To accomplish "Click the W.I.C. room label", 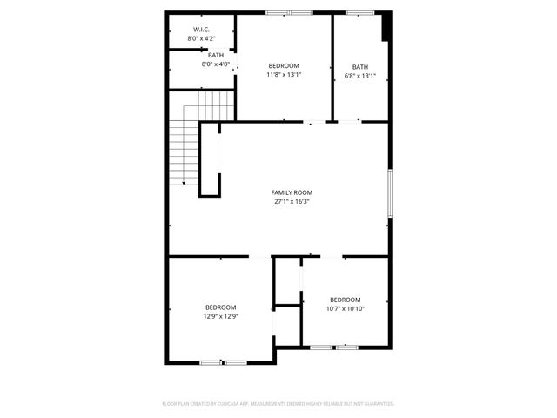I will click(x=201, y=30).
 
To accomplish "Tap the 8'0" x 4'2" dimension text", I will click(x=201, y=39).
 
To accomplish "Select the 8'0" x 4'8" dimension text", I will click(x=215, y=64).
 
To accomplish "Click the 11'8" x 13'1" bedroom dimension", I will click(x=284, y=75).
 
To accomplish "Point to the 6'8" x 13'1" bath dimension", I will click(x=359, y=76).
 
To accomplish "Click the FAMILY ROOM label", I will click(x=292, y=192).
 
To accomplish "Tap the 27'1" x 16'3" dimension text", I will click(x=292, y=202).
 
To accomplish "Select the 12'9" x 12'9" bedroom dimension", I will click(x=220, y=316).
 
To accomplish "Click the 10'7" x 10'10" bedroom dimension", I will click(x=345, y=308).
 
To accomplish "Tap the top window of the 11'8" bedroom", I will click(x=289, y=12).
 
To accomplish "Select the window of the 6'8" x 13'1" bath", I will click(x=359, y=12).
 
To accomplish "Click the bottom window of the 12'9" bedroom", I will click(x=223, y=361).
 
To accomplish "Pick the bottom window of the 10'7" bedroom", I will click(x=334, y=347).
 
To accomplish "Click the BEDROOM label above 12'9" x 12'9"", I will click(x=220, y=307).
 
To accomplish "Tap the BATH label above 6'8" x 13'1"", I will click(x=359, y=67).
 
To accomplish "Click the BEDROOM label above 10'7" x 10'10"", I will click(x=345, y=300).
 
